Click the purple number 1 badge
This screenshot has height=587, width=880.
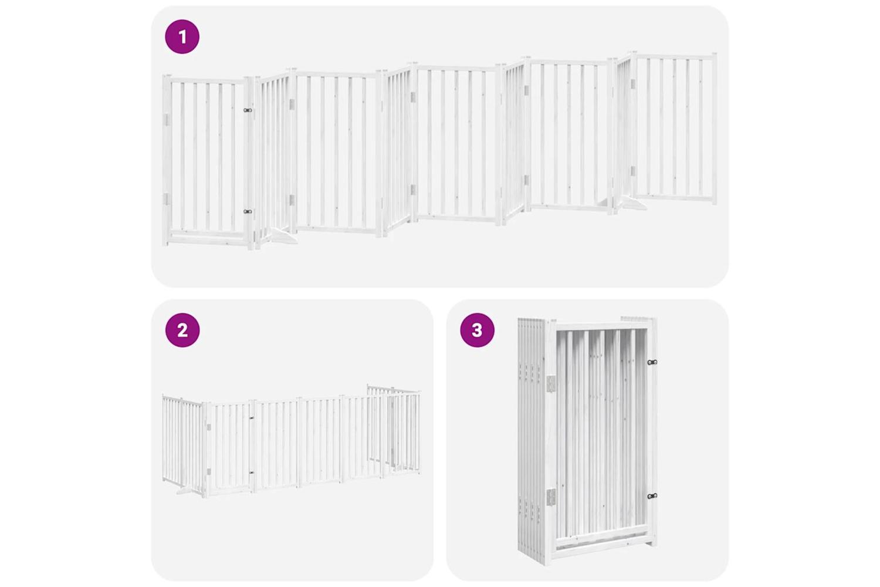[182, 36]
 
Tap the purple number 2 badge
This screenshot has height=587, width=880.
[182, 330]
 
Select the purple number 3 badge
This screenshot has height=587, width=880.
[477, 330]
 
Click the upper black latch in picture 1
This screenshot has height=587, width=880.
[248, 110]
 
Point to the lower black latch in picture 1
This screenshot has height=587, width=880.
[248, 211]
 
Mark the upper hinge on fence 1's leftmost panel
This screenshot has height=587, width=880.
[166, 120]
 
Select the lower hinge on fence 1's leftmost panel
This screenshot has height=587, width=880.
[166, 199]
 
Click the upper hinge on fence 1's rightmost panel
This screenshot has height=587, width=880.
[633, 84]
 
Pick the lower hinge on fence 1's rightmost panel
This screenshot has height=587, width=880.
[633, 171]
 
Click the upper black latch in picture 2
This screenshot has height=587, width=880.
[252, 418]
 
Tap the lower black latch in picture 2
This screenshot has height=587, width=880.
[252, 473]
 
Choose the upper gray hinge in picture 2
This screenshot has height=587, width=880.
[209, 427]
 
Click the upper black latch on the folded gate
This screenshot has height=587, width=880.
[652, 362]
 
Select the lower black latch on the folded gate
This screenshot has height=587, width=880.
[652, 496]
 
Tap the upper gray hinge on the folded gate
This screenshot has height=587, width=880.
[551, 384]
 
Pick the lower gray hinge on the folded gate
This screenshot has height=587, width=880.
[551, 497]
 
